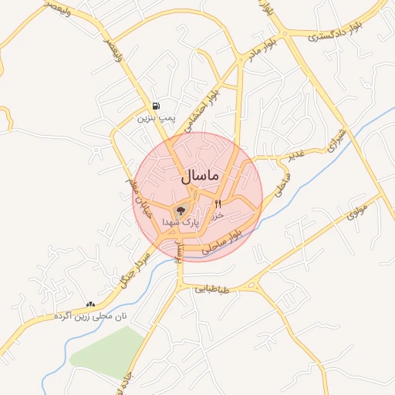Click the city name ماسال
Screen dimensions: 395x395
pyautogui.click(x=201, y=176)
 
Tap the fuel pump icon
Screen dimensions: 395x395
pyautogui.click(x=157, y=106)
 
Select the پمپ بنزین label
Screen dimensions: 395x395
pyautogui.click(x=157, y=119)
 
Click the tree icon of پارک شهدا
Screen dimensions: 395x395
pyautogui.click(x=182, y=209)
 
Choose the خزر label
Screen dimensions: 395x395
pyautogui.click(x=217, y=216)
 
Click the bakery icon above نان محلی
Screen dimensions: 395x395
pyautogui.click(x=91, y=305)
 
